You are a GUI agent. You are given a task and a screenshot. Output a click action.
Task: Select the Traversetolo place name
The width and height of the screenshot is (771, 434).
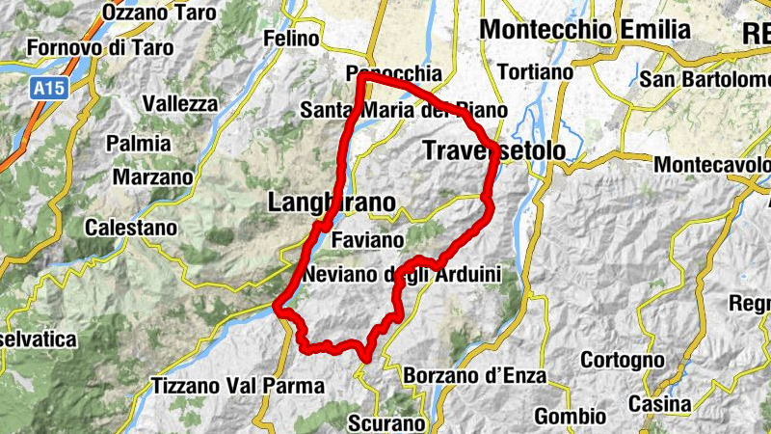(492, 150)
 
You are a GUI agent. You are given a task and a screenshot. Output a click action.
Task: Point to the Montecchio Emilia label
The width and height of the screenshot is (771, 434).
(585, 29)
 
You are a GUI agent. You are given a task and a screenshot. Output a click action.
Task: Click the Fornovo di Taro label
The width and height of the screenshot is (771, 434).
(100, 46)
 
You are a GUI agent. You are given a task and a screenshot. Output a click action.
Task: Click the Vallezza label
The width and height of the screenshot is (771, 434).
(179, 103)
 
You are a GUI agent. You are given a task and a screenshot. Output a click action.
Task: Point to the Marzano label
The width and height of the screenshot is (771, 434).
(152, 176)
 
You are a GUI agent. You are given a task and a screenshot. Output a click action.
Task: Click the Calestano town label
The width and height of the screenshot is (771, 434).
(131, 229)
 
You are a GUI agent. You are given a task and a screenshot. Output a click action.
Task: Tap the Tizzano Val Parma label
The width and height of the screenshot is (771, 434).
(239, 386)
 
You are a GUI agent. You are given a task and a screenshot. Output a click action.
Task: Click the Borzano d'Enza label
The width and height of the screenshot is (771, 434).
(475, 374)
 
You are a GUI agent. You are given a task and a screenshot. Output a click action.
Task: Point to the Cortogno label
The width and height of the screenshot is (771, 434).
(623, 360)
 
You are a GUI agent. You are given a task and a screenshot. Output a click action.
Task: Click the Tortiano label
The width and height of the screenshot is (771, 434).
(535, 71)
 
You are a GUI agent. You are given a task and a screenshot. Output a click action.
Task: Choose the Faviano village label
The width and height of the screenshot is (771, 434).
(366, 238)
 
